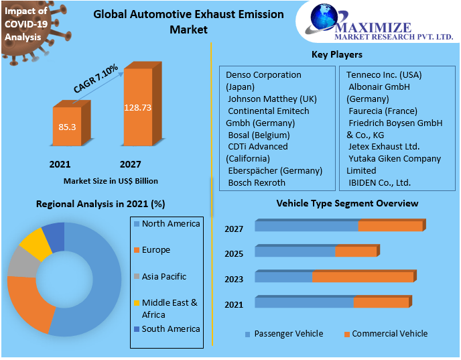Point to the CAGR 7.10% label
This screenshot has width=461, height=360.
[x=95, y=78]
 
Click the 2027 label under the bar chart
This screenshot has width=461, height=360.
[x=130, y=164]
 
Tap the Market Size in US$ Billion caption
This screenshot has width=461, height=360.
[x=111, y=181]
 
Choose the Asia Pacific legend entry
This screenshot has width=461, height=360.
[x=163, y=276]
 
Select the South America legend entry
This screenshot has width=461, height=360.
[x=170, y=328]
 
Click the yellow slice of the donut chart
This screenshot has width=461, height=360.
[x=35, y=244]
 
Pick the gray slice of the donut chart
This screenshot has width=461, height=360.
[x=23, y=262]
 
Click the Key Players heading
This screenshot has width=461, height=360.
[x=337, y=54]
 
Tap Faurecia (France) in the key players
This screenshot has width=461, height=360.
[x=383, y=111]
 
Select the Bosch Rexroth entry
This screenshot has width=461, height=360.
[x=257, y=182]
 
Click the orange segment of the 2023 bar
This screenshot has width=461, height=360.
[x=363, y=277]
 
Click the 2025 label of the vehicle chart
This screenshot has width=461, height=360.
[x=234, y=254]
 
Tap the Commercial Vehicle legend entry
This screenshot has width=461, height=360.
[x=389, y=334]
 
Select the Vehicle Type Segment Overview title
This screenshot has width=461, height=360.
[x=347, y=203]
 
